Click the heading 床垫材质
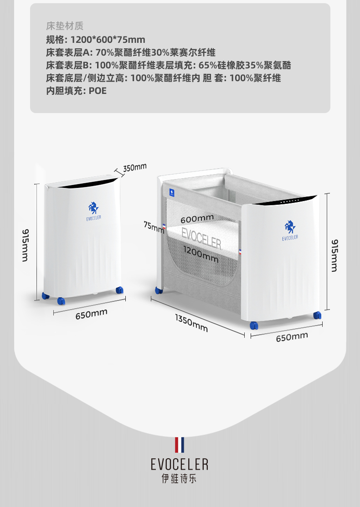(x=65, y=26)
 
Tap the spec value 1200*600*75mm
(x=108, y=39)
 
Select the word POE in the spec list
(x=98, y=90)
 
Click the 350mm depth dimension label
(x=135, y=167)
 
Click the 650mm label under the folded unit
(x=92, y=313)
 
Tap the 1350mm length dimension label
(x=191, y=322)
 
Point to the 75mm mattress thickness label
(x=154, y=227)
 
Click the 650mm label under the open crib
(x=292, y=337)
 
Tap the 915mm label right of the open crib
(x=334, y=255)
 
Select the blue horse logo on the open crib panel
(x=289, y=227)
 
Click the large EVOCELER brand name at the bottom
(x=180, y=464)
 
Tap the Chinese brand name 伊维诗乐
(x=180, y=479)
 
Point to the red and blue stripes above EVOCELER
(x=180, y=445)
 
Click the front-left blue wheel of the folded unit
(x=61, y=301)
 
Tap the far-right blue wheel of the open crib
(x=317, y=315)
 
